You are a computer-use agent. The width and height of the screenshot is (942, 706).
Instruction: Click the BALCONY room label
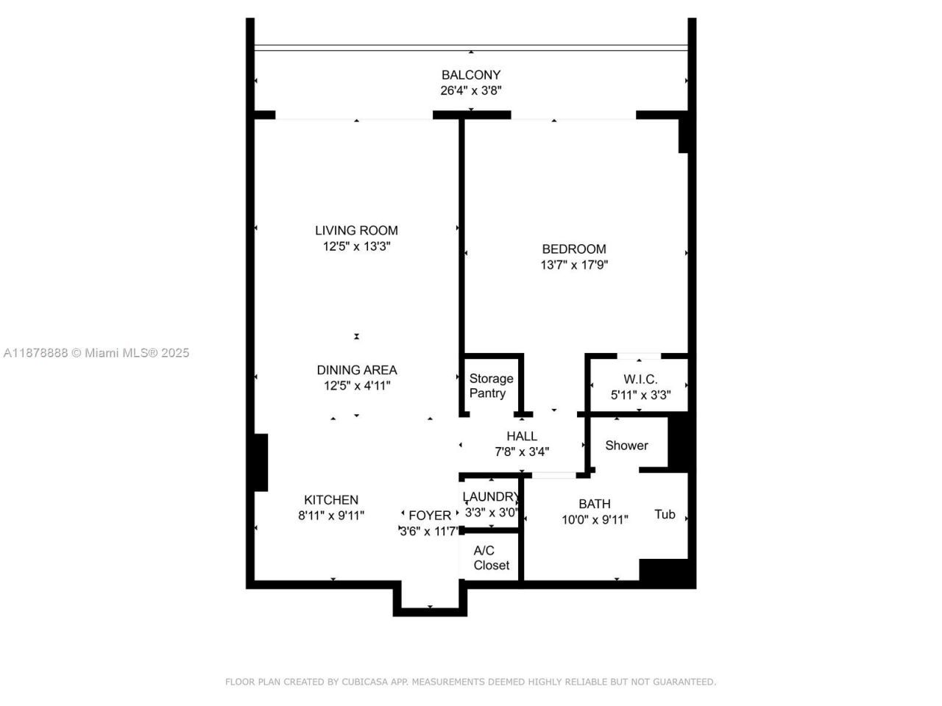tap(471, 75)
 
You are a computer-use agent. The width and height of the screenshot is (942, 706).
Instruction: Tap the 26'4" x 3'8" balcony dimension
tap(471, 91)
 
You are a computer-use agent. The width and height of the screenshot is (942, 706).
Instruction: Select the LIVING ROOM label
tap(356, 231)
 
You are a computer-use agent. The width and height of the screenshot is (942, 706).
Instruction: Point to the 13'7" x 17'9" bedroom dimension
tap(574, 265)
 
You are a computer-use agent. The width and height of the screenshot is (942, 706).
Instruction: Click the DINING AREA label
tap(357, 370)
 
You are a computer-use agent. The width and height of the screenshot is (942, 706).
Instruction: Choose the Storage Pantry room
tap(491, 386)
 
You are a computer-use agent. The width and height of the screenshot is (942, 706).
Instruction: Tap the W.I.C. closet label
tap(640, 379)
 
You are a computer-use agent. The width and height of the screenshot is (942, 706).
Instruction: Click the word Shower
tap(626, 446)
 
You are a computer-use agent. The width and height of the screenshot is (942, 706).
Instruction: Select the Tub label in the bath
tap(665, 515)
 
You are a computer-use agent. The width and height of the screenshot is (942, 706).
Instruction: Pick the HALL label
tap(522, 437)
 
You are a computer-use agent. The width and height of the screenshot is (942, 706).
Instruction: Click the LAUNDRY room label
tap(491, 497)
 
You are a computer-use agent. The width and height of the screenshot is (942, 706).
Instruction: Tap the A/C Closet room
tap(491, 558)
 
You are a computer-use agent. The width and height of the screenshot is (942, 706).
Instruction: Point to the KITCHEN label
tap(331, 500)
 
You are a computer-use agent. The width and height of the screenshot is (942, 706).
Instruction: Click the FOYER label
tap(430, 516)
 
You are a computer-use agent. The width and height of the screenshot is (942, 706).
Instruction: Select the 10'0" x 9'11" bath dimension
tap(595, 520)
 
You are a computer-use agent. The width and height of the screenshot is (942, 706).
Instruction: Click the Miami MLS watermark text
tap(136, 353)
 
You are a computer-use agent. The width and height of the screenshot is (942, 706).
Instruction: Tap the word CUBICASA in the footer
tap(366, 682)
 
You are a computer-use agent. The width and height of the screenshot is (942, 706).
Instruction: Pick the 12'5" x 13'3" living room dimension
tap(356, 247)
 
